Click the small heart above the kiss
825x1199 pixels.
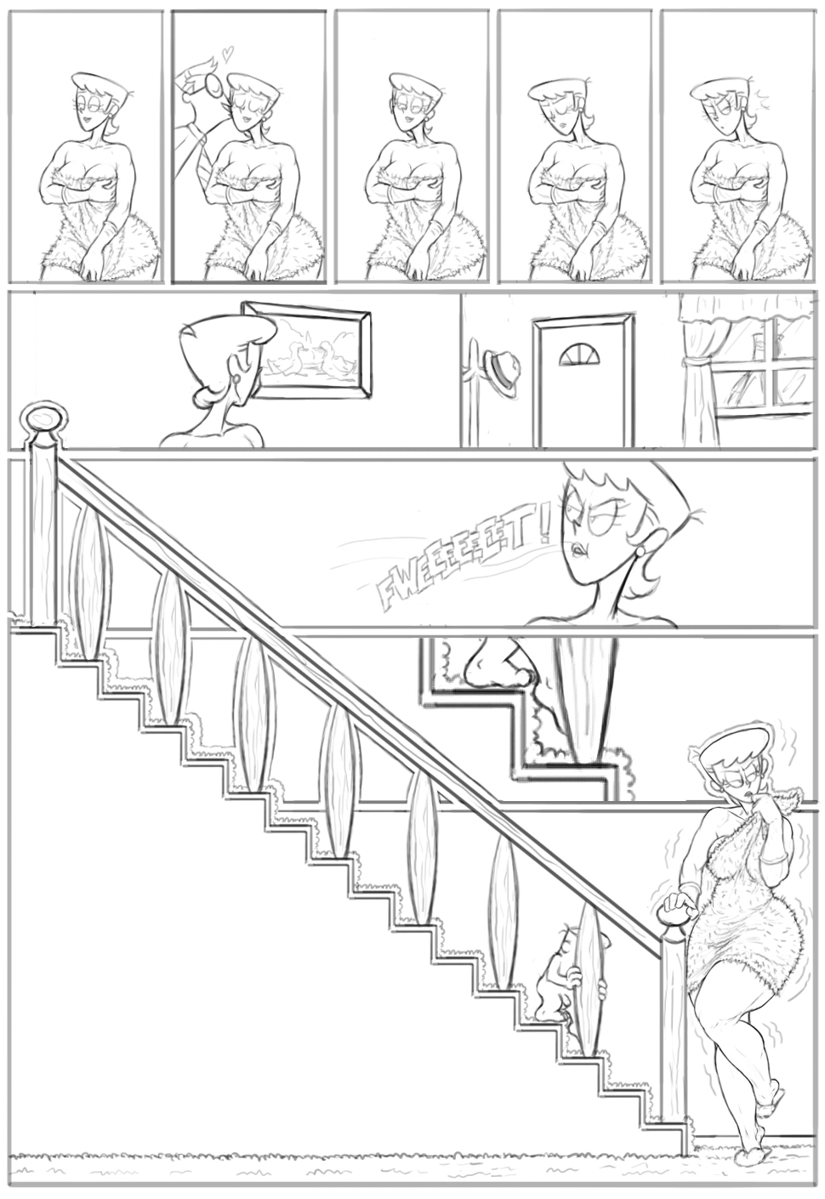click(228, 53)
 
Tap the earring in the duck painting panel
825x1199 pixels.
click(236, 379)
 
